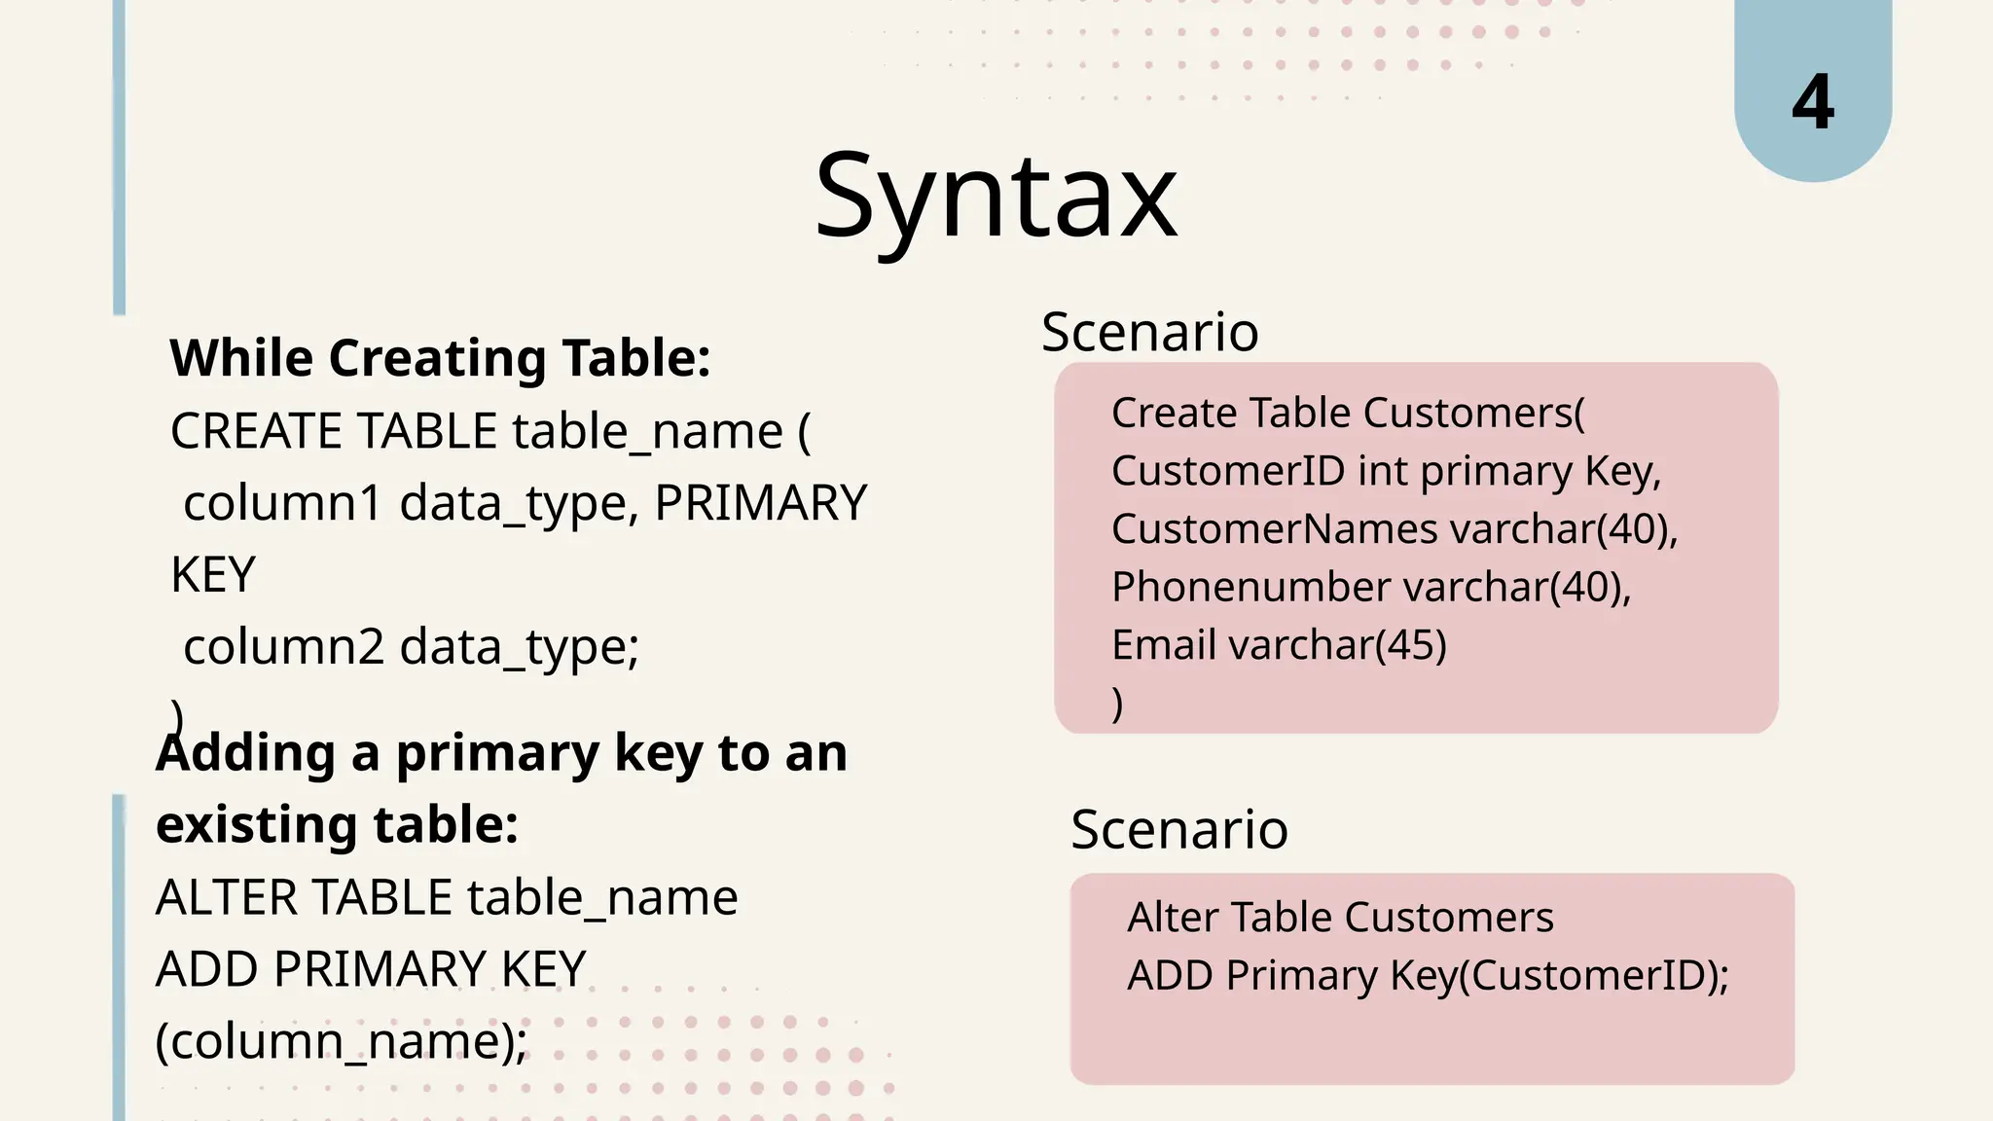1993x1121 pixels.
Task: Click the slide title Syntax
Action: (x=996, y=198)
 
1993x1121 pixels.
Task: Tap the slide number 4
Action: (x=1812, y=102)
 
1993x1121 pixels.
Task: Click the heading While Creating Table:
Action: (x=440, y=357)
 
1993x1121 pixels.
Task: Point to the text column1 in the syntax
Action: (x=283, y=503)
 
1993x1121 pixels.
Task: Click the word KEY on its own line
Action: (x=213, y=574)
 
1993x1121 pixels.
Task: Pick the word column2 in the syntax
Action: (x=283, y=646)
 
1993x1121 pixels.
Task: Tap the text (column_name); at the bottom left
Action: (x=341, y=1040)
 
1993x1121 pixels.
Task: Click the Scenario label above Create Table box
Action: (x=1149, y=332)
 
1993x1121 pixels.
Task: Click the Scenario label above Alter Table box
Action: (x=1178, y=829)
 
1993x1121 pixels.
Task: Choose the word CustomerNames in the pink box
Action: (x=1274, y=529)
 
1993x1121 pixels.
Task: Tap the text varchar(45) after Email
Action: (x=1338, y=645)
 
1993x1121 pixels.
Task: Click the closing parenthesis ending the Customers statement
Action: (x=1117, y=703)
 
